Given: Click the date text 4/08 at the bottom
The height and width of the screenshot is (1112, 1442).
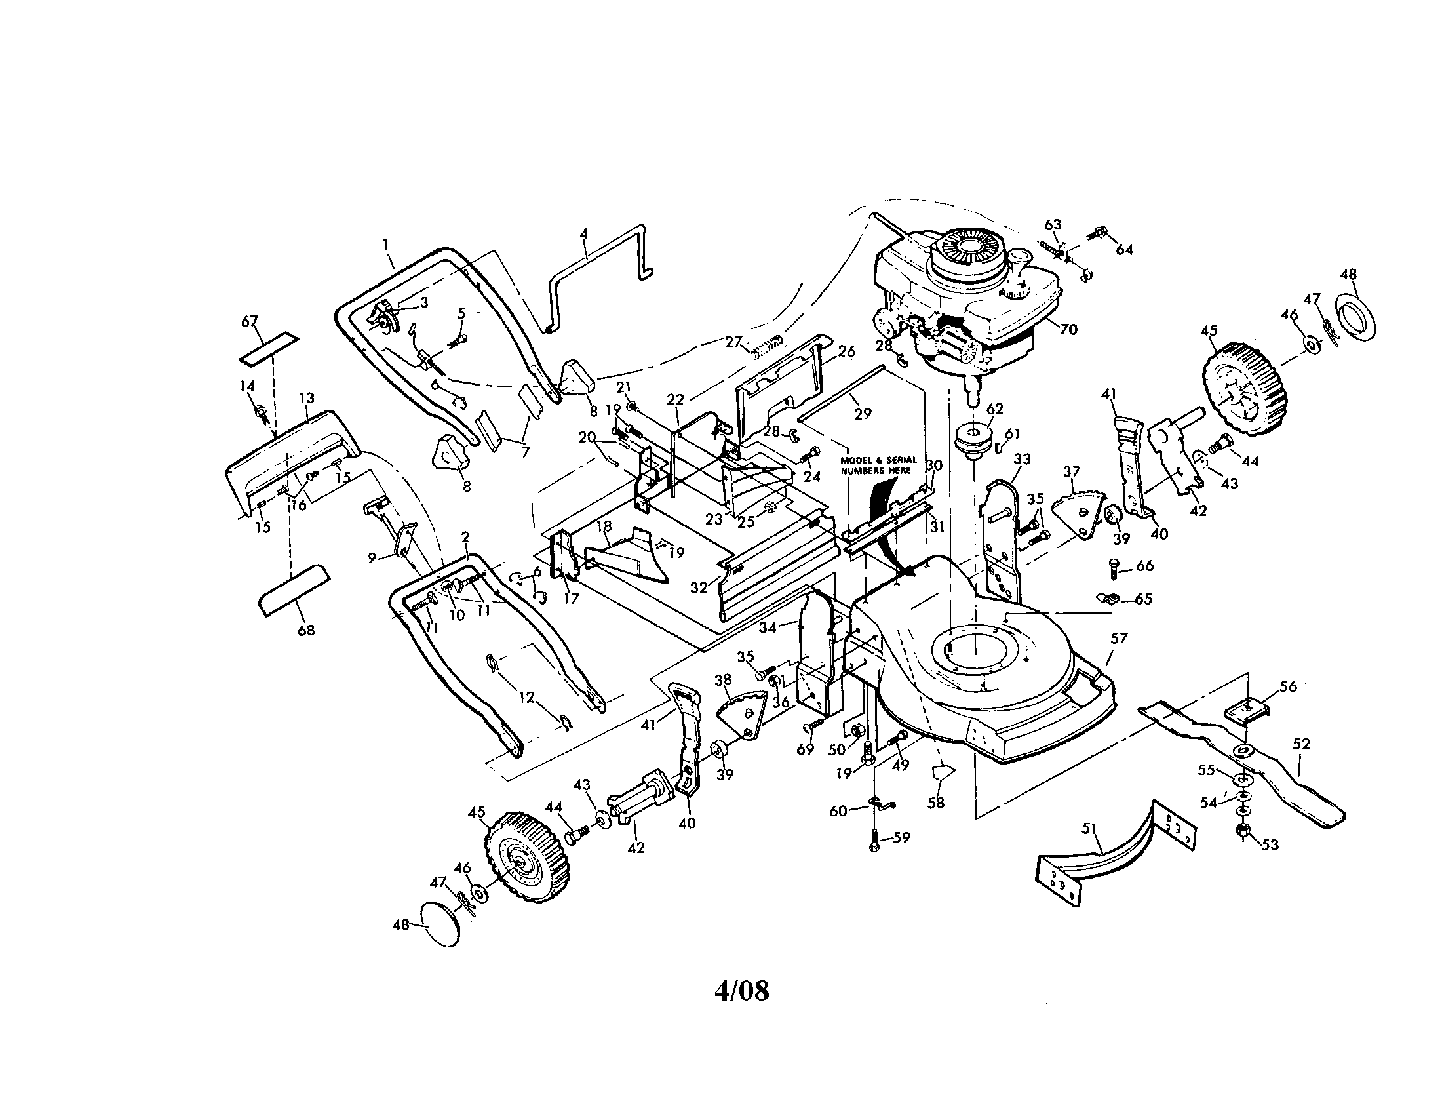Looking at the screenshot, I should pyautogui.click(x=742, y=990).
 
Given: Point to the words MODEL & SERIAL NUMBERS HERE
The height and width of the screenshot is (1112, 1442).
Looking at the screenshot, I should pyautogui.click(x=878, y=465).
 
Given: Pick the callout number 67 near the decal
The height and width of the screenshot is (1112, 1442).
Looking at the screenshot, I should pyautogui.click(x=250, y=321).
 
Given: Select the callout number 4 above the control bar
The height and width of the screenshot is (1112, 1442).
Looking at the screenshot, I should pyautogui.click(x=583, y=234).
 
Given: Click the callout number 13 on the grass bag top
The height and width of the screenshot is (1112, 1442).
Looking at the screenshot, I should pyautogui.click(x=306, y=398).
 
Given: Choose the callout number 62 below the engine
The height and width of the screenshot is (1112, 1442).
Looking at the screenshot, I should pyautogui.click(x=995, y=409).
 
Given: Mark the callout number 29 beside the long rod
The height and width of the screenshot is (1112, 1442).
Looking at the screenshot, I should pyautogui.click(x=863, y=414).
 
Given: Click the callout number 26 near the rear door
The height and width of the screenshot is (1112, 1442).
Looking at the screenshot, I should pyautogui.click(x=846, y=352).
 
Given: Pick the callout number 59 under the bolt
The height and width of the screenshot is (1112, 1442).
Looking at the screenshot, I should pyautogui.click(x=901, y=837).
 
